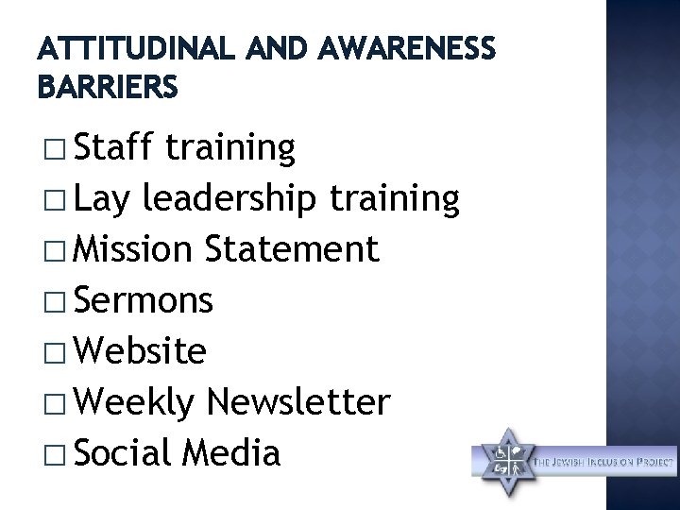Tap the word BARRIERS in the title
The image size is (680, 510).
click(107, 89)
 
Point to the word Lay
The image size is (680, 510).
click(103, 199)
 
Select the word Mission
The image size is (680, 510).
click(134, 250)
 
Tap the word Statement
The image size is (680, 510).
click(293, 250)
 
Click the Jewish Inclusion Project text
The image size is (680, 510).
click(605, 463)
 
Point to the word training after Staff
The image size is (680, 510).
click(229, 149)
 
